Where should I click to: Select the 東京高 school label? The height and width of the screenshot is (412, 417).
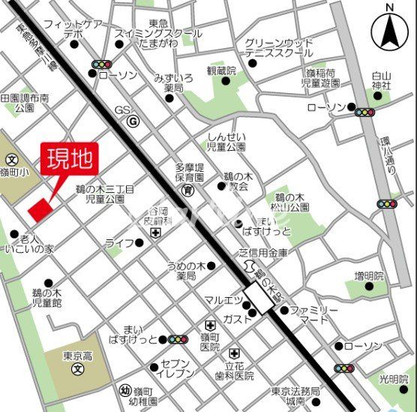[x=74, y=356]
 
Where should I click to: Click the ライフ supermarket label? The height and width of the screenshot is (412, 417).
[x=119, y=242]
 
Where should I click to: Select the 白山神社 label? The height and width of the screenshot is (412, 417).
[x=382, y=82]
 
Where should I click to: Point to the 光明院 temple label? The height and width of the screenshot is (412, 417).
[x=396, y=379]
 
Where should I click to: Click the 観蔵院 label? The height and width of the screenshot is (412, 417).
[x=221, y=71]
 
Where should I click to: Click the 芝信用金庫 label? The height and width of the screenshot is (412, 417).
[x=263, y=252]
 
